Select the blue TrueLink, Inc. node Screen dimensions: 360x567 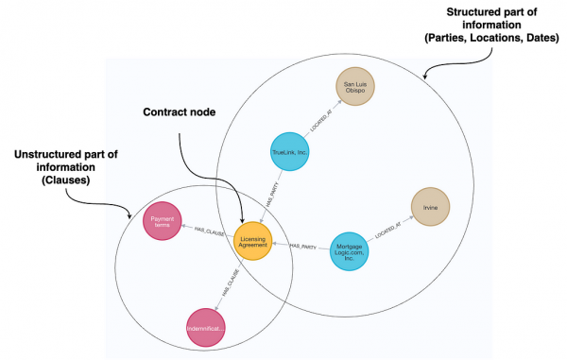[x=290, y=151]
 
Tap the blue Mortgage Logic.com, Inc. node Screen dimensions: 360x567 [x=351, y=251]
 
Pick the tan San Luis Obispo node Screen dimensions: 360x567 [x=357, y=87]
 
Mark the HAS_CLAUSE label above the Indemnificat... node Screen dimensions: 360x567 [x=228, y=285]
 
